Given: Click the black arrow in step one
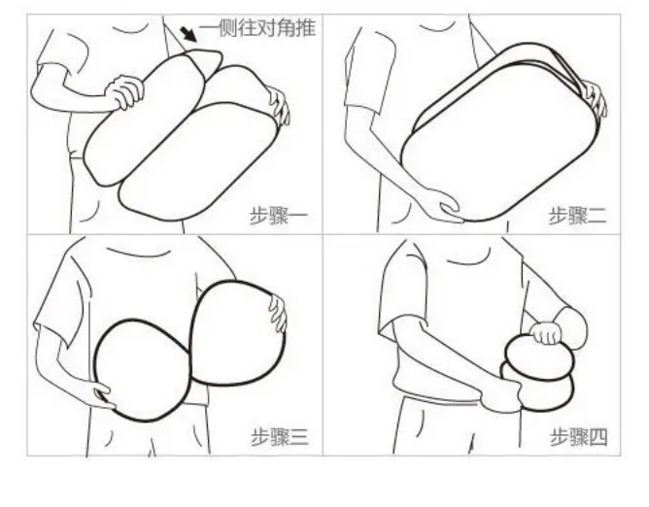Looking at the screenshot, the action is pyautogui.click(x=188, y=35).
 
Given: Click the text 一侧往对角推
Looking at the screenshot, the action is pyautogui.click(x=257, y=28).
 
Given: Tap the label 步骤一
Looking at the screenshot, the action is pyautogui.click(x=279, y=216).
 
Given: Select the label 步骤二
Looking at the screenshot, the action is pyautogui.click(x=578, y=216).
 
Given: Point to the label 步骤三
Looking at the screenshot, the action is pyautogui.click(x=280, y=437).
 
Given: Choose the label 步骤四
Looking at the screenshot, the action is pyautogui.click(x=579, y=437).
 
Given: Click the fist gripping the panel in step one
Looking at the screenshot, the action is pyautogui.click(x=124, y=92).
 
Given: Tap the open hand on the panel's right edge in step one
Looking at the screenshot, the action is pyautogui.click(x=279, y=105).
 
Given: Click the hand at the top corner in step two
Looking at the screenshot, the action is pyautogui.click(x=595, y=98).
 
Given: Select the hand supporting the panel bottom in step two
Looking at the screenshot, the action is pyautogui.click(x=443, y=205).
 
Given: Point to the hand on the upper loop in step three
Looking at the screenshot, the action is pyautogui.click(x=277, y=313).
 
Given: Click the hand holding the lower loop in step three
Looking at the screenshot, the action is pyautogui.click(x=100, y=394).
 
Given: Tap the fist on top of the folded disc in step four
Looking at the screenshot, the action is pyautogui.click(x=546, y=333).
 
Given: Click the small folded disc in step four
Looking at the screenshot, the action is pyautogui.click(x=539, y=373).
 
